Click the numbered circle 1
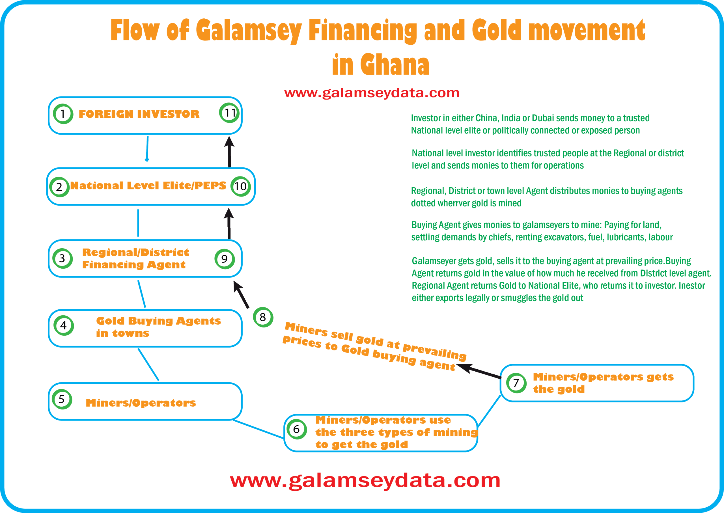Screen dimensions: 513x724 [x=63, y=114]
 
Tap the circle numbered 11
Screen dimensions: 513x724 [x=229, y=113]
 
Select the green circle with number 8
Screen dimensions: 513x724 [x=263, y=317]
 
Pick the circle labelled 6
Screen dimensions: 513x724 [x=297, y=429]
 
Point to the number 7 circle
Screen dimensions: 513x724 [x=516, y=383]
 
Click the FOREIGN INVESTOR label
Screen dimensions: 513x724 [x=139, y=114]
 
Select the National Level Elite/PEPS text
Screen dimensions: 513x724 [x=148, y=186]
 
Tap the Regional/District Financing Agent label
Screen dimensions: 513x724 [x=135, y=258]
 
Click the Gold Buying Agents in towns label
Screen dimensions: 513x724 [x=158, y=327]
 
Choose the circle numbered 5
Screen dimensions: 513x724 [x=62, y=399]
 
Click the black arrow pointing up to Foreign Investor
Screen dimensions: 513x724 [x=229, y=152]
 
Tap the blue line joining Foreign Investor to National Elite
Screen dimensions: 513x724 [x=147, y=148]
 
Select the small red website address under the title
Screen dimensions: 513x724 [x=372, y=93]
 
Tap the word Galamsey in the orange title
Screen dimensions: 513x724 [x=248, y=30]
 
